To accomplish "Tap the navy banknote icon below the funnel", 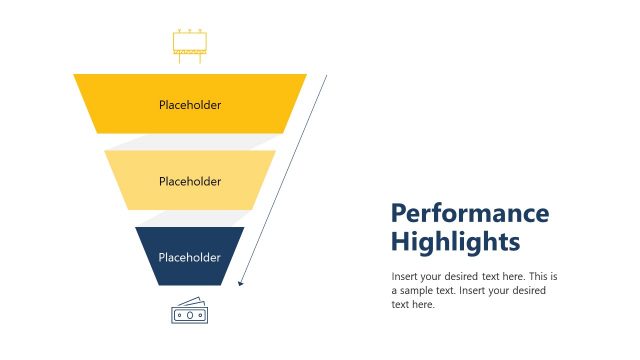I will click(189, 311).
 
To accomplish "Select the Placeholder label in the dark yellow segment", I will click(190, 104).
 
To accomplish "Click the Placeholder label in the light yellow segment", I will click(190, 181).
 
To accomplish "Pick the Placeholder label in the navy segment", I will click(190, 257).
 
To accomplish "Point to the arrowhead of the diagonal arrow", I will click(241, 284).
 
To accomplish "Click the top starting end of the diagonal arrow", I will click(326, 76).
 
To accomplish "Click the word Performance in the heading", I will click(469, 214).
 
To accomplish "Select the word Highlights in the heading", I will click(455, 242).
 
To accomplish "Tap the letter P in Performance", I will click(399, 214).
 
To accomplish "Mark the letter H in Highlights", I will click(400, 242).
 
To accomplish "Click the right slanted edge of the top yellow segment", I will click(296, 104).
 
